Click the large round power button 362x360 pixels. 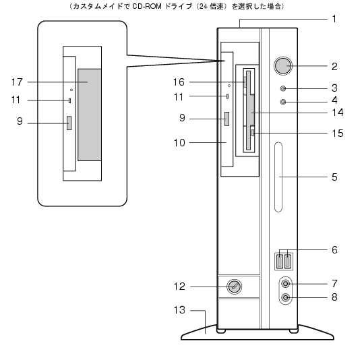tap(283, 66)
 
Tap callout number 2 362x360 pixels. tap(334, 67)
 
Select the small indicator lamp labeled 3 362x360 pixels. tap(283, 88)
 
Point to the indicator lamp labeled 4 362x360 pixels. tap(283, 102)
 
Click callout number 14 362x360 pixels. tap(338, 113)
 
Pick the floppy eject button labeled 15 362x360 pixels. tap(253, 133)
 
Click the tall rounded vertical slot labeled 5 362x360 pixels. tap(278, 177)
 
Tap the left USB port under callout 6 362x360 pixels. tap(280, 262)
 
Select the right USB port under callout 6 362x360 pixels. tap(287, 262)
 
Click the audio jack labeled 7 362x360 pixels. tap(286, 284)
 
